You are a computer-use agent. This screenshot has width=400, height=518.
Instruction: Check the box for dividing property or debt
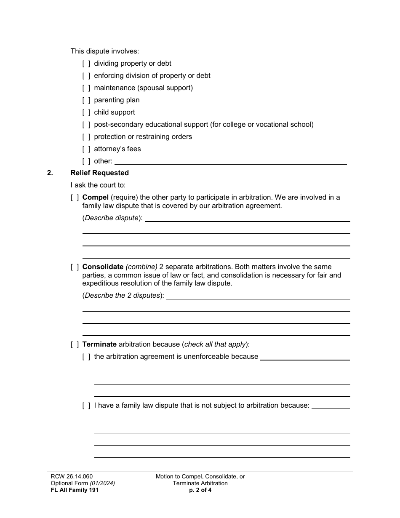[x=86, y=64]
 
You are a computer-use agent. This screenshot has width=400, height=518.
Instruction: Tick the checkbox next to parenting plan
[x=86, y=100]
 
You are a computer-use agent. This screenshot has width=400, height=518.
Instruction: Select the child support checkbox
[x=86, y=112]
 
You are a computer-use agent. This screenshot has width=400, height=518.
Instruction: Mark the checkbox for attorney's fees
[x=86, y=149]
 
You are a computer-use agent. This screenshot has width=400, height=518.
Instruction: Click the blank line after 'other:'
[x=230, y=161]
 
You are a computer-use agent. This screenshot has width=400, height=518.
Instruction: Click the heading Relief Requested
[x=100, y=173]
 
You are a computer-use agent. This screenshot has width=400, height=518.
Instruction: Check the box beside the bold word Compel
[x=75, y=198]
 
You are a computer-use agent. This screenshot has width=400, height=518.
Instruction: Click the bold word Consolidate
[x=103, y=267]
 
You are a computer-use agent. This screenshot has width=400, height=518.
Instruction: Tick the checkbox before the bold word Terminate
[x=75, y=344]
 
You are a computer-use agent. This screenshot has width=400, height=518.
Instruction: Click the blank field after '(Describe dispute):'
[x=247, y=218]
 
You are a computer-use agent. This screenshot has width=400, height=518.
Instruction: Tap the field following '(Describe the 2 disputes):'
[x=258, y=296]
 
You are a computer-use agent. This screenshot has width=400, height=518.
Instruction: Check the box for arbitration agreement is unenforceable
[x=86, y=357]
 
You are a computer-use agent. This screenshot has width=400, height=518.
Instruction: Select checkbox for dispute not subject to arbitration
[x=86, y=406]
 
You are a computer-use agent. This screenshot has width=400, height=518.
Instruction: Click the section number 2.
[x=50, y=173]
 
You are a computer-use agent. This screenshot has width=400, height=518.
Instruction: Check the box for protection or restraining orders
[x=86, y=137]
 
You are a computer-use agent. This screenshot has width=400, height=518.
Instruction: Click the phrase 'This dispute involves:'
[x=104, y=51]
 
